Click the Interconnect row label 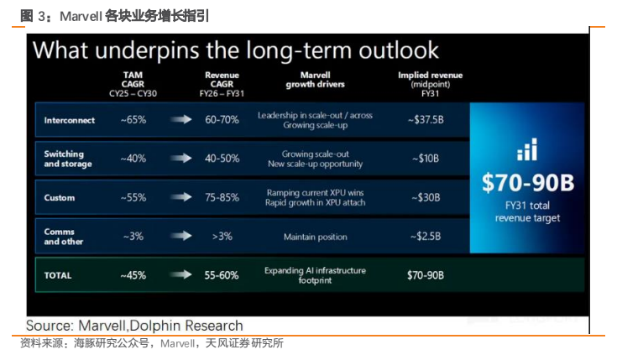[x=69, y=120]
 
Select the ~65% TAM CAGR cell [x=133, y=120]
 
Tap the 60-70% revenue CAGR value [x=222, y=120]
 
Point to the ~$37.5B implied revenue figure [x=426, y=120]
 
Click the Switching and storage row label [x=68, y=159]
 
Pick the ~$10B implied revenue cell [x=426, y=159]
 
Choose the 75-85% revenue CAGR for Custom [x=222, y=197]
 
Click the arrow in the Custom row [x=181, y=197]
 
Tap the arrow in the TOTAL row [x=181, y=274]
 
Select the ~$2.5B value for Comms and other [x=426, y=237]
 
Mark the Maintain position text [x=316, y=237]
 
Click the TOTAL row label [x=58, y=275]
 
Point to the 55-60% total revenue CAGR [x=222, y=275]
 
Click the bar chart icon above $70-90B [x=527, y=149]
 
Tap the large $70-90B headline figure [x=528, y=183]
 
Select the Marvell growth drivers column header [x=315, y=80]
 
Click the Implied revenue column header [x=430, y=84]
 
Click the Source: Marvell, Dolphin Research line [x=134, y=326]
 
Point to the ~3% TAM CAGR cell [x=133, y=237]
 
